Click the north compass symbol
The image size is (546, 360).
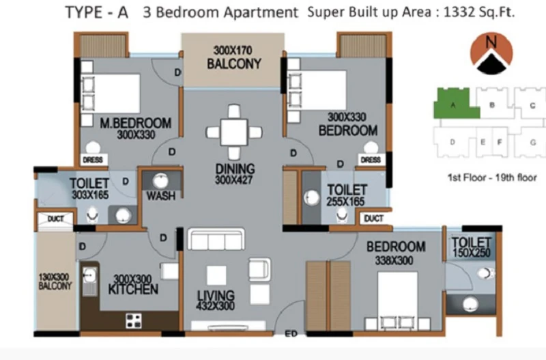491,53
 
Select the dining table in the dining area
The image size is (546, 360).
234,133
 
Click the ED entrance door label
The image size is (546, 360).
291,334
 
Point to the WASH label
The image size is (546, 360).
161,196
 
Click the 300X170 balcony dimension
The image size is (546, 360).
233,51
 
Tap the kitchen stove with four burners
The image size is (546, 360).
134,321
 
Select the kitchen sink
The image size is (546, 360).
90,279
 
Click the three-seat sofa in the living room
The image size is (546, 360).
216,239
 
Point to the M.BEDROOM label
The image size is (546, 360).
135,123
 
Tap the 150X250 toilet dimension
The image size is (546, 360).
472,253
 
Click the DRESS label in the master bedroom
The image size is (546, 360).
93,160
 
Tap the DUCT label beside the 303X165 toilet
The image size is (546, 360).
56,219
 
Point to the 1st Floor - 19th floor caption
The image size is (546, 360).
492,178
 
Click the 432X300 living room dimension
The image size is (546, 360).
215,306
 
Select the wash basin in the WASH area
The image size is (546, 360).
160,180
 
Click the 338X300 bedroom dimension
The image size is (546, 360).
394,260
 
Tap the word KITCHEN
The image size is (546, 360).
133,289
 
